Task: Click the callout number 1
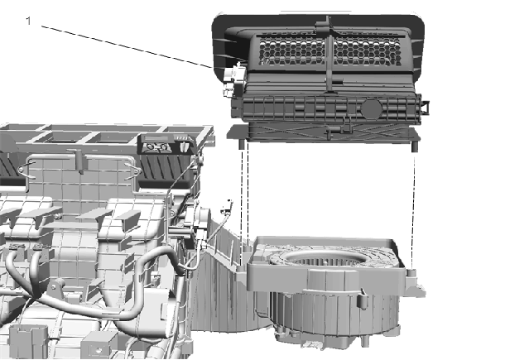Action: [28, 21]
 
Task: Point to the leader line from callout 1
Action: [127, 46]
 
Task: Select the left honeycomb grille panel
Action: [292, 50]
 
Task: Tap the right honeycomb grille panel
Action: [367, 50]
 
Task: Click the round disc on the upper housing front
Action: [372, 108]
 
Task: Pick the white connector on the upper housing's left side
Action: [233, 79]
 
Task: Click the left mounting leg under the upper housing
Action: [242, 144]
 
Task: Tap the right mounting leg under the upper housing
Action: [415, 146]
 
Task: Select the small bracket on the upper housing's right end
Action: [425, 107]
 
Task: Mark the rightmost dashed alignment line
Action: [414, 207]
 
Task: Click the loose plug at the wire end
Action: [228, 207]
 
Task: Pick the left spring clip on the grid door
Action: [27, 170]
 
